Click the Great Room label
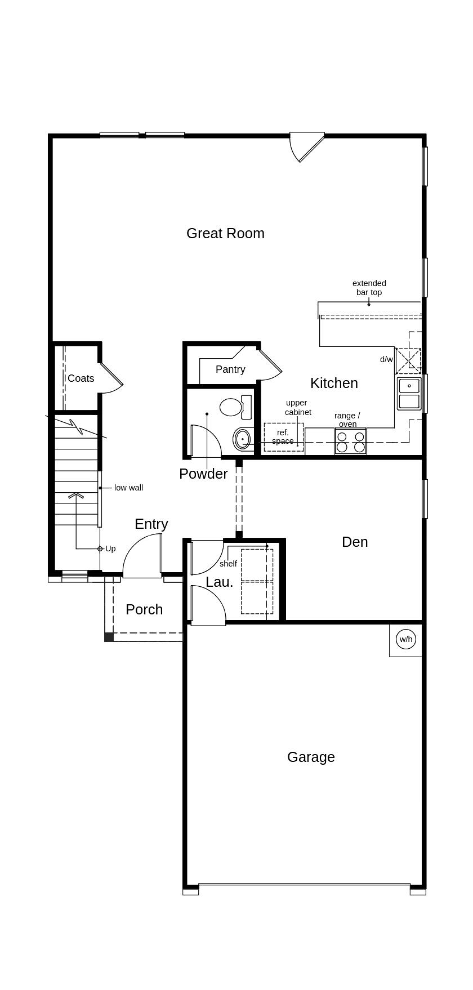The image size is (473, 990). [225, 233]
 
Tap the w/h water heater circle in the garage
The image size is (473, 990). [405, 639]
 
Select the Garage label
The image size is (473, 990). [311, 757]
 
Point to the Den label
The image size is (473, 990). [355, 542]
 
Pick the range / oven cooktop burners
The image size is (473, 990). [350, 442]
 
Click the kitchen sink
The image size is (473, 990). [409, 393]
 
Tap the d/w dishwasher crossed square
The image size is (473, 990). [408, 361]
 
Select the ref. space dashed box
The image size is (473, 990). [283, 437]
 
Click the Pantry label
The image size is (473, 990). [230, 369]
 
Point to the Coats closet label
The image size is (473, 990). [81, 378]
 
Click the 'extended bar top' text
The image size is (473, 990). [369, 288]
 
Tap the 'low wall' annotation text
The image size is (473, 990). [128, 488]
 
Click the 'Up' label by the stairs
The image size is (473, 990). [110, 548]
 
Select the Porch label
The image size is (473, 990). [144, 609]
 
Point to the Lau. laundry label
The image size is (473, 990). [219, 582]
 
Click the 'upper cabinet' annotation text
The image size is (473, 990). [297, 408]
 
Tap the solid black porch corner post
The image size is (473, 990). [109, 637]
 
